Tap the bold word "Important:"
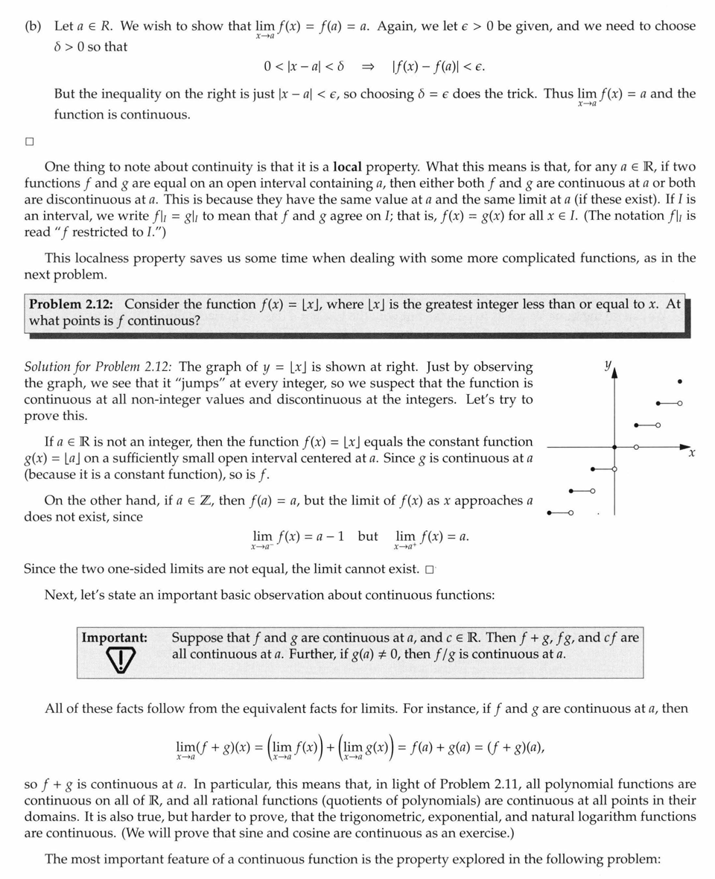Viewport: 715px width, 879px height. (114, 638)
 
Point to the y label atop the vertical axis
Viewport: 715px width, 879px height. (607, 365)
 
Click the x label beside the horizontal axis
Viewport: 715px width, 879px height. (692, 453)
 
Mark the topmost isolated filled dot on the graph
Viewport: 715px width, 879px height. (679, 382)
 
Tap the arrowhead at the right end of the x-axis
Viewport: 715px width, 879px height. (686, 447)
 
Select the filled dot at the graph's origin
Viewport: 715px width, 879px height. (614, 447)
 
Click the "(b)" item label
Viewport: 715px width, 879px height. (33, 26)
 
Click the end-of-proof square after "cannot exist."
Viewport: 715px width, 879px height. (429, 570)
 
